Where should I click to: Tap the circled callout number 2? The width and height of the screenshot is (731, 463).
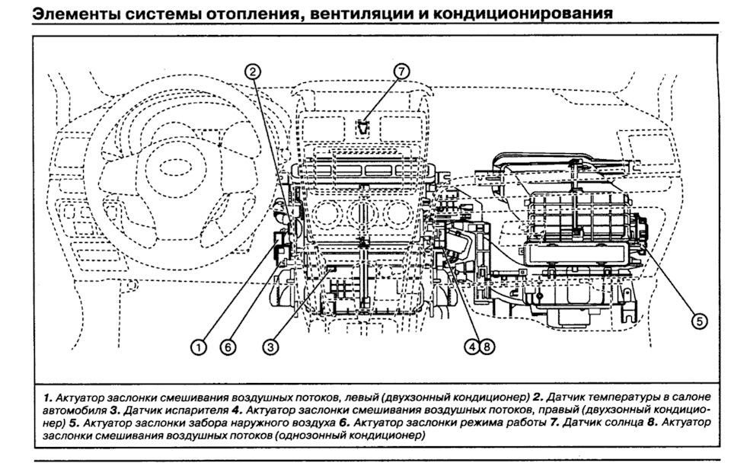(254, 72)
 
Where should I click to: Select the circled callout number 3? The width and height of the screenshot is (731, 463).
(269, 346)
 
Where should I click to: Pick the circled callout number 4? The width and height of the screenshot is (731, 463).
(474, 346)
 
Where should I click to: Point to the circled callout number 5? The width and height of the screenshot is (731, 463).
(698, 321)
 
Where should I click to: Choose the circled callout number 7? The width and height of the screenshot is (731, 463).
(401, 72)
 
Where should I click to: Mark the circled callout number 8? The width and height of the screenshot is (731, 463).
(487, 346)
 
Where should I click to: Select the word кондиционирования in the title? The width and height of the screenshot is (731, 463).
(531, 14)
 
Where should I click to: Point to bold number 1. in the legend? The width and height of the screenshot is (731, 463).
(47, 398)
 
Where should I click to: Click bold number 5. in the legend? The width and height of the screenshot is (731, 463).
(72, 422)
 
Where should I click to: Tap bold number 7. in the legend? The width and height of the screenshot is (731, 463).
(554, 422)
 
